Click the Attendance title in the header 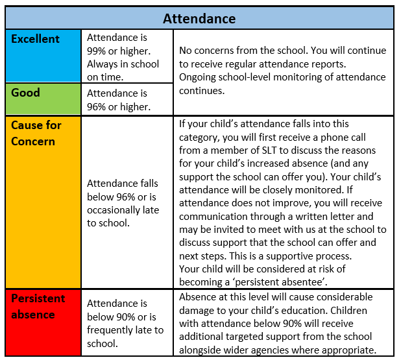click(x=199, y=18)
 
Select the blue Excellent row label click(x=36, y=39)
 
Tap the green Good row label click(x=26, y=93)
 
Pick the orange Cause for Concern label click(x=33, y=132)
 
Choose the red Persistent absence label click(x=38, y=306)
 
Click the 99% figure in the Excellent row click(x=98, y=51)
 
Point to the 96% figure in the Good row click(x=98, y=106)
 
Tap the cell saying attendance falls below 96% click(x=123, y=204)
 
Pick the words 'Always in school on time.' click(x=123, y=70)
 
